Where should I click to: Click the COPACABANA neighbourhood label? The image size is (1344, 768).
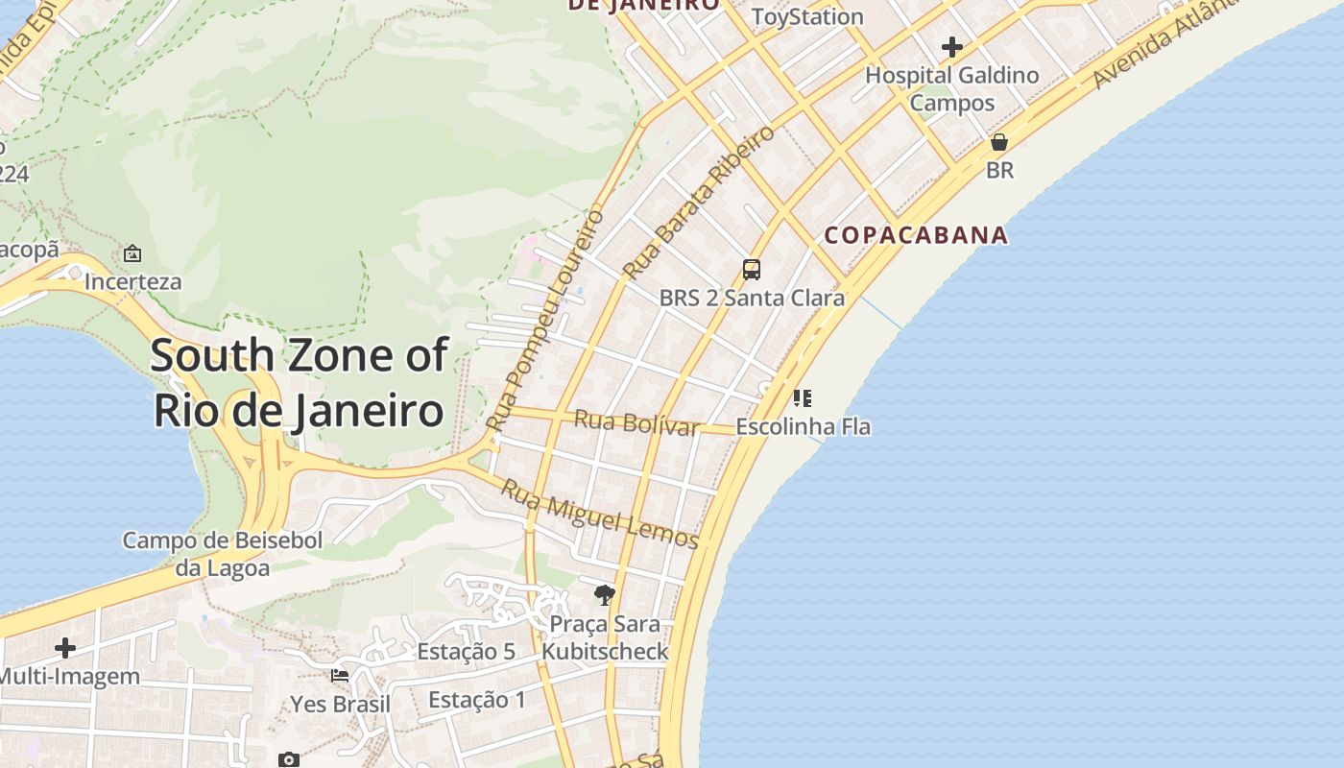pyautogui.click(x=916, y=235)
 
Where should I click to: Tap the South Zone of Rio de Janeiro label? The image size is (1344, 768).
pyautogui.click(x=299, y=382)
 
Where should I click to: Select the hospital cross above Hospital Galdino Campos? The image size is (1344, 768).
pyautogui.click(x=952, y=46)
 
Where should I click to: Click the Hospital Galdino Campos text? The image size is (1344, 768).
pyautogui.click(x=952, y=88)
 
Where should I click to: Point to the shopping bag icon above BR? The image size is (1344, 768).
pyautogui.click(x=999, y=142)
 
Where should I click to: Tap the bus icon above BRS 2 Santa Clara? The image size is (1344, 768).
pyautogui.click(x=752, y=270)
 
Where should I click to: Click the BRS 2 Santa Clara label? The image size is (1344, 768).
pyautogui.click(x=752, y=298)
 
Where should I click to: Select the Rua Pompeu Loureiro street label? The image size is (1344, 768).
pyautogui.click(x=544, y=319)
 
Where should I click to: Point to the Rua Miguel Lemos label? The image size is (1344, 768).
pyautogui.click(x=600, y=515)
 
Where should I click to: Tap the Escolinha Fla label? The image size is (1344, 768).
pyautogui.click(x=803, y=426)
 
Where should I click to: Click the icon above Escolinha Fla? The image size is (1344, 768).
pyautogui.click(x=803, y=397)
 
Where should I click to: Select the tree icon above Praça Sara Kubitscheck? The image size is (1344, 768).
pyautogui.click(x=604, y=595)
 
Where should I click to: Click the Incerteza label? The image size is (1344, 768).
pyautogui.click(x=132, y=282)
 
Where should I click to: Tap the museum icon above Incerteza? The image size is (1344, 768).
pyautogui.click(x=132, y=254)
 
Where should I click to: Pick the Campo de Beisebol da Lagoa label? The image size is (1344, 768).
pyautogui.click(x=223, y=554)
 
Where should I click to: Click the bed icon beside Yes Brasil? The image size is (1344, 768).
pyautogui.click(x=340, y=676)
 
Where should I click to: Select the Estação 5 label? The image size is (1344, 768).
pyautogui.click(x=466, y=652)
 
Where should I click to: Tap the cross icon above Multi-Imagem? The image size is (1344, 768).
pyautogui.click(x=65, y=648)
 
